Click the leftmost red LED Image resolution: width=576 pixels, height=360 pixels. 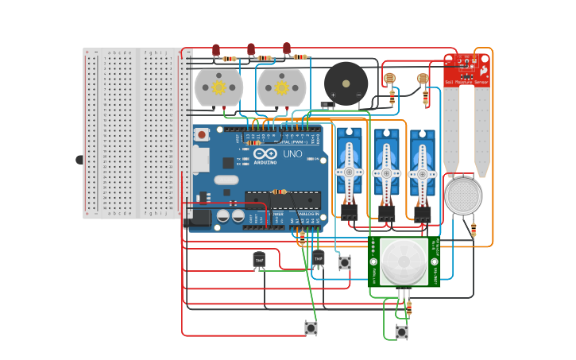215,50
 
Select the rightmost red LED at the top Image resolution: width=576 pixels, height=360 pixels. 287,48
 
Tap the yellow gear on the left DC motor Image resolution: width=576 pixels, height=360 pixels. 217,87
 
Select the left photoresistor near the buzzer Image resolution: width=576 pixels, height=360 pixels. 389,79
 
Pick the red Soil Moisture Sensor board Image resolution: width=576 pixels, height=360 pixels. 467,70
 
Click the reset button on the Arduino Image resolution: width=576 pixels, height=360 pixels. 202,135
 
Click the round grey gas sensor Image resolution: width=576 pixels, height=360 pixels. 463,195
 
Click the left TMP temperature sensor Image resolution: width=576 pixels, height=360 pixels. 259,259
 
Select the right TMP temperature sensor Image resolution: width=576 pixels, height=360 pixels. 319,258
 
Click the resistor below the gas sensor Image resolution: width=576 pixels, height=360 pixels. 474,230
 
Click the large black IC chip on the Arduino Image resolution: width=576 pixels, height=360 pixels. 282,200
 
